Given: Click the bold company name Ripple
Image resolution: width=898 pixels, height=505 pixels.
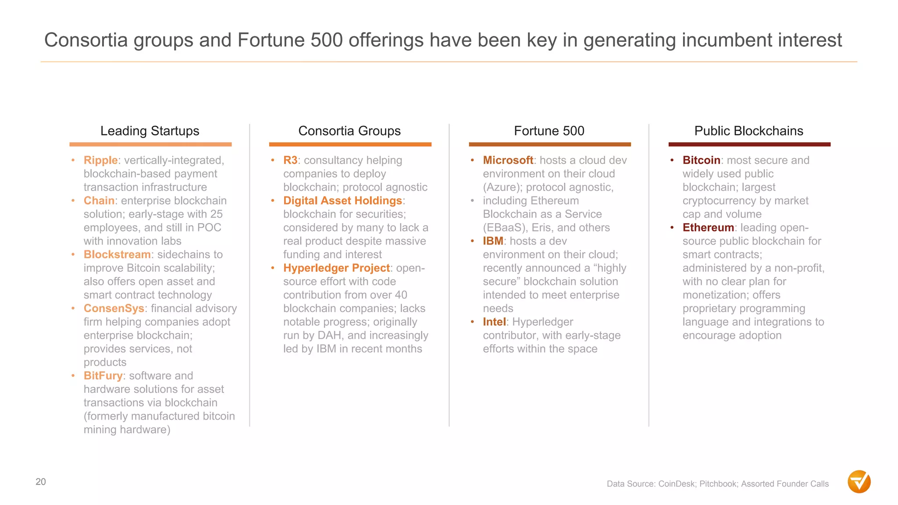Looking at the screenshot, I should [100, 160].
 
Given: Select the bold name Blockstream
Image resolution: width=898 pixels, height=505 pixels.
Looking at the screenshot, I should [117, 255].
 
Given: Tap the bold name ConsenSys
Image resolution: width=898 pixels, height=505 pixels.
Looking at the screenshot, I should [114, 309].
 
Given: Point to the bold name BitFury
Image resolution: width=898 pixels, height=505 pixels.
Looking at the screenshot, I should [103, 376].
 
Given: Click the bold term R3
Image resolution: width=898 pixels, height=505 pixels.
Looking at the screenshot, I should [290, 160].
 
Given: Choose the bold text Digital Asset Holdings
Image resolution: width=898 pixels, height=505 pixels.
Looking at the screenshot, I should [342, 201].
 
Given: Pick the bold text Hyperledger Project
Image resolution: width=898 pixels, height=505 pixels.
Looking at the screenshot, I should [336, 268].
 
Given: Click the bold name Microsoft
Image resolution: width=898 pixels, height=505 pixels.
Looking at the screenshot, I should [508, 160].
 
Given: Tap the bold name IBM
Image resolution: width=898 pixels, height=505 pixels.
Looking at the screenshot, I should [493, 241].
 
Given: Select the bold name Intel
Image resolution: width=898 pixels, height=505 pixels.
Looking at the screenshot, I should [494, 322].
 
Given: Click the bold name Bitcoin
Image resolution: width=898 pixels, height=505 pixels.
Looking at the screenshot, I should [701, 160].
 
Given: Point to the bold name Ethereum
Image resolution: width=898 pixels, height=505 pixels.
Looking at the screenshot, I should [708, 228].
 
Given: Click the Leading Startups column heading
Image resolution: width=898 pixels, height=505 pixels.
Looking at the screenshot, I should [150, 131].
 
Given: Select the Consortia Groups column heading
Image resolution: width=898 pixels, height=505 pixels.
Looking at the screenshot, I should [349, 131].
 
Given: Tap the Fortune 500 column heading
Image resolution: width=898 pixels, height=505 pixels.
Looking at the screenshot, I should [549, 131].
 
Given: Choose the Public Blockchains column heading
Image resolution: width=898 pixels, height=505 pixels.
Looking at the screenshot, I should [748, 131].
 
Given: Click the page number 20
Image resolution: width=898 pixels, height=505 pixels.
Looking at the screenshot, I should [41, 482].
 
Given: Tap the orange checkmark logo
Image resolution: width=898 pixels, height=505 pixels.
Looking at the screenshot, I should [859, 482].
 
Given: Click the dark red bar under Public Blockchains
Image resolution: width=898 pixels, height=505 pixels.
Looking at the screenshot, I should [749, 144].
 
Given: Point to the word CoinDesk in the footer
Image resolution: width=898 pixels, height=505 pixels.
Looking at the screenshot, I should [676, 484].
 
